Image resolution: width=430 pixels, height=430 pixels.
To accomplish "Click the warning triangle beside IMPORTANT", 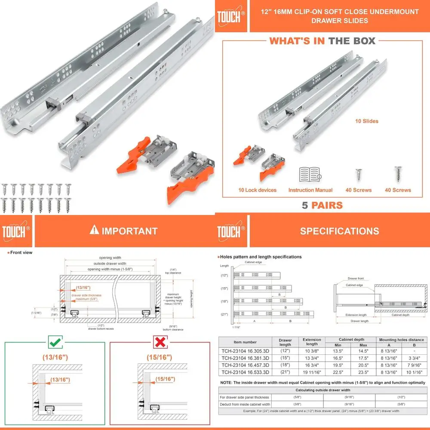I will [94, 230].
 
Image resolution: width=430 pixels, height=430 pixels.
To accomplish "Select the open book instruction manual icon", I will [310, 175].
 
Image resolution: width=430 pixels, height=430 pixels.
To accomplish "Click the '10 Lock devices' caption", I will [258, 190].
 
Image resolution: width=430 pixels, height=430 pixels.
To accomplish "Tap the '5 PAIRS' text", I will [322, 205].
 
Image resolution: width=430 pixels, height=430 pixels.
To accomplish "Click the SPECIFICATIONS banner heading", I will [339, 231].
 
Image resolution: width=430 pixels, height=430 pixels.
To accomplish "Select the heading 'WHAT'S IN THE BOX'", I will [322, 41].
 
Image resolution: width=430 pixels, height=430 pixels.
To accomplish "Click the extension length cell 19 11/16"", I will [312, 372].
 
